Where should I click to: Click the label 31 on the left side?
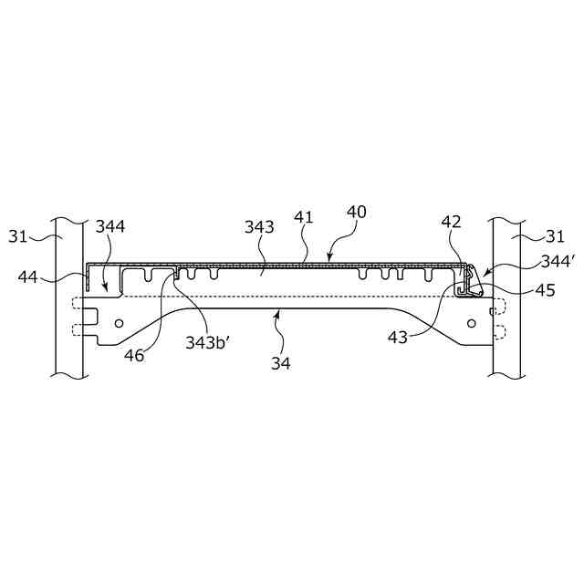(x=19, y=236)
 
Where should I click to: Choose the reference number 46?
(x=134, y=356)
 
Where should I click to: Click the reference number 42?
(x=451, y=222)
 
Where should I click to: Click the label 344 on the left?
(x=112, y=226)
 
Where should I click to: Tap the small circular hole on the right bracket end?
(x=471, y=323)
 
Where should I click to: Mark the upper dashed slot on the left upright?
(x=76, y=305)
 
